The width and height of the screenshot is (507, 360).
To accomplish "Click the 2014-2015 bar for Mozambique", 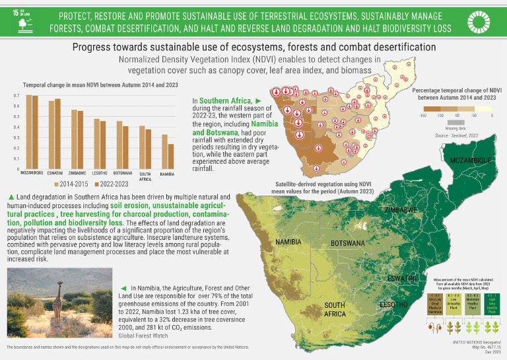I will [28, 132].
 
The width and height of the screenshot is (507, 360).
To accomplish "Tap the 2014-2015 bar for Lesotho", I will [96, 144].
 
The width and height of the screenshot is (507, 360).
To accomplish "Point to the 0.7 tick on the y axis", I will [17, 96].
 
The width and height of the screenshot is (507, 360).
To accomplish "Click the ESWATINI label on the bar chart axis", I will [55, 173].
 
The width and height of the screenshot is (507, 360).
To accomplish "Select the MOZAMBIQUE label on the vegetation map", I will [471, 161].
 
